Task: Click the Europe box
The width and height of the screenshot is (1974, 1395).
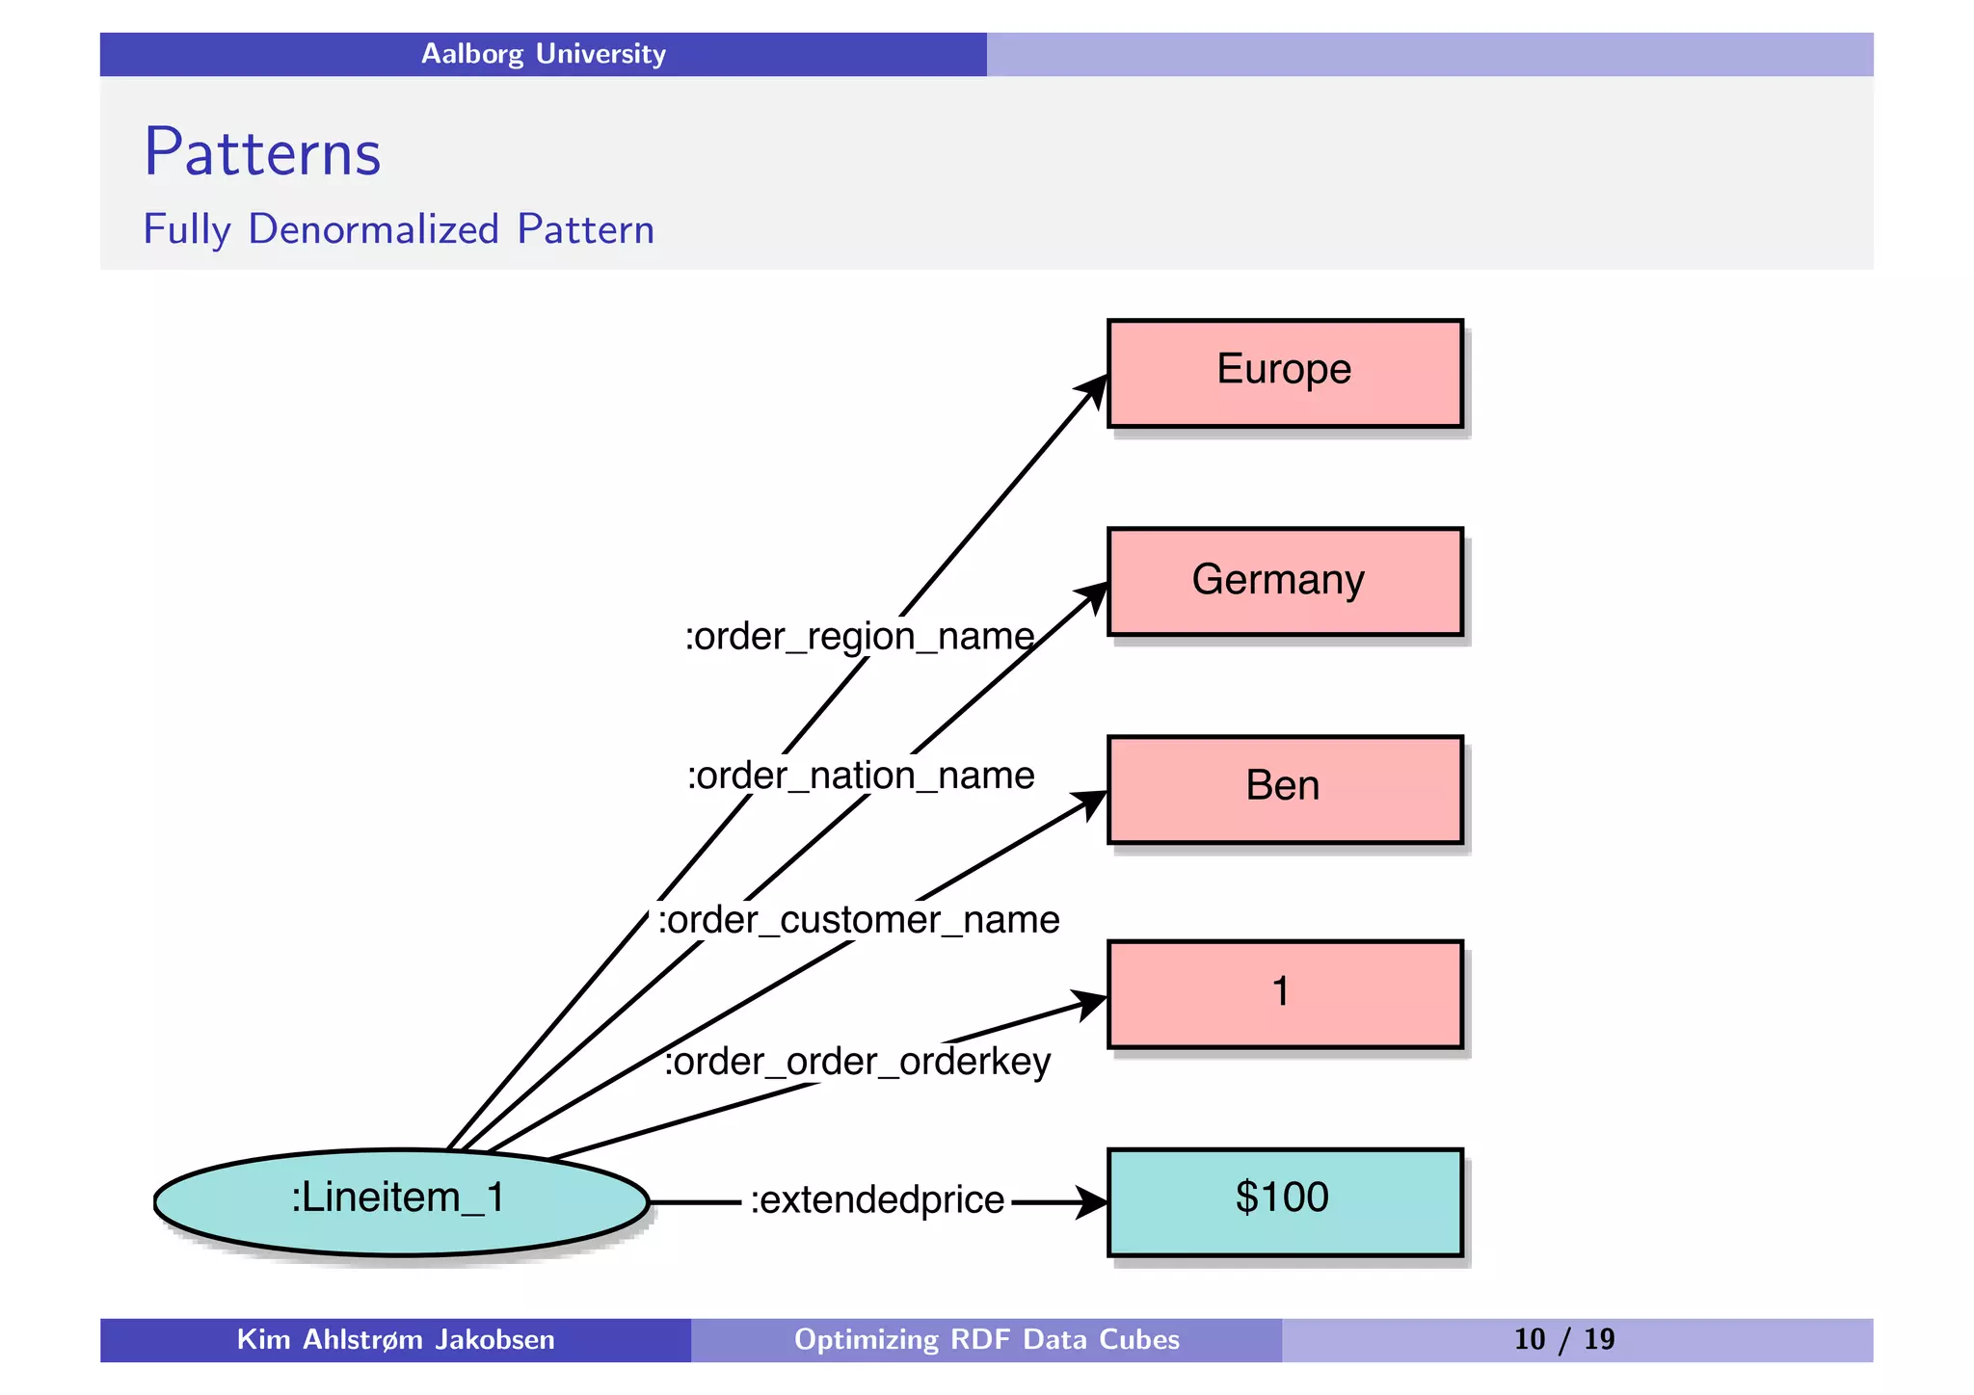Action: (x=1284, y=374)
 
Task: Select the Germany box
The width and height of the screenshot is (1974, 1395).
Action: (x=1284, y=582)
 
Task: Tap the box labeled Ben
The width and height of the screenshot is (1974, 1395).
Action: (x=1284, y=790)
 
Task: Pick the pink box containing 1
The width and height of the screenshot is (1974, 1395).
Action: (x=1284, y=994)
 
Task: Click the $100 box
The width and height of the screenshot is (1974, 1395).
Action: (x=1284, y=1201)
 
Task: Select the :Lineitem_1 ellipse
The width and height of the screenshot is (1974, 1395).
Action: (x=400, y=1201)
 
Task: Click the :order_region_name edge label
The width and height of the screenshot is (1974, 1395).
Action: (x=859, y=637)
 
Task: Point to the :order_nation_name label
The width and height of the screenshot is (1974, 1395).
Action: (x=860, y=776)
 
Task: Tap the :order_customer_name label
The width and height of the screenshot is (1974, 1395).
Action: (x=858, y=920)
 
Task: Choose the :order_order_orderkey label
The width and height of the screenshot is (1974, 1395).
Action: (x=857, y=1062)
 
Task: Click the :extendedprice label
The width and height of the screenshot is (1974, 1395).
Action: (x=876, y=1200)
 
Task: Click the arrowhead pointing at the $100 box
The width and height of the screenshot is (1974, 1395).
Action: (x=1091, y=1202)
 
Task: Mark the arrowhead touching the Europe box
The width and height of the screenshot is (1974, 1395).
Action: (x=1094, y=389)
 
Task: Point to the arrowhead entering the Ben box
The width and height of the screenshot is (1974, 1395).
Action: (x=1092, y=802)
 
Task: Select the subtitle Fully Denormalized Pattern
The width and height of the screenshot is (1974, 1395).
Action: (x=398, y=229)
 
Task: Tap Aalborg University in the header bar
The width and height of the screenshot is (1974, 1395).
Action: (x=543, y=54)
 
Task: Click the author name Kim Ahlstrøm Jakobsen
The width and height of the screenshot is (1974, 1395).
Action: (x=395, y=1339)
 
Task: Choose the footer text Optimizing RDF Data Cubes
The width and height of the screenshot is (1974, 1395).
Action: (x=986, y=1339)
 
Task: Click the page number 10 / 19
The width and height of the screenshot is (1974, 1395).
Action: (x=1563, y=1339)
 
